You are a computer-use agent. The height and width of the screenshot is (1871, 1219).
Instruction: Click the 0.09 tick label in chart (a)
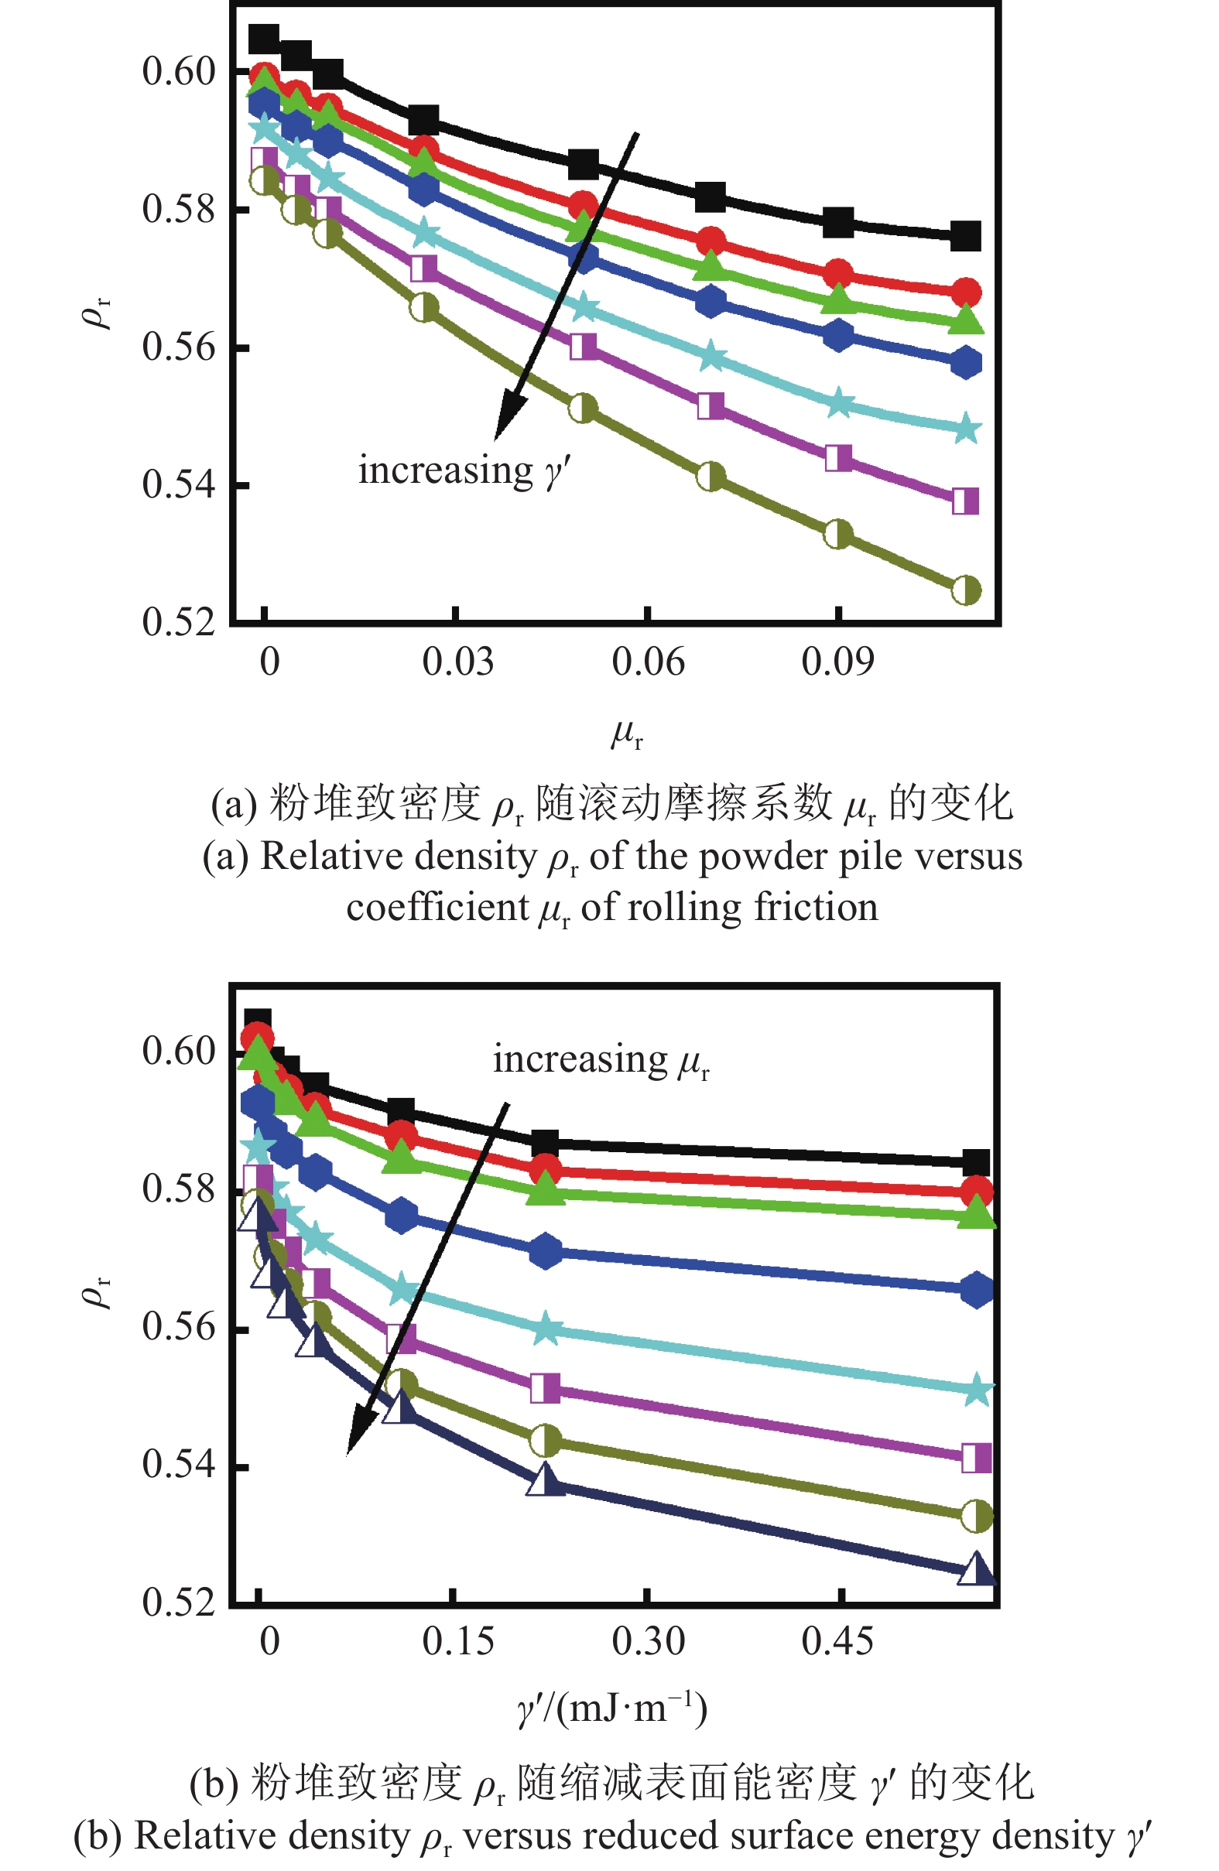click(837, 662)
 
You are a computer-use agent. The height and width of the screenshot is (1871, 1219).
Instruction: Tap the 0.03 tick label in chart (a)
click(457, 662)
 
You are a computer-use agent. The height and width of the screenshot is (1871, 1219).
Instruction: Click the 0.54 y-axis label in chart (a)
click(179, 484)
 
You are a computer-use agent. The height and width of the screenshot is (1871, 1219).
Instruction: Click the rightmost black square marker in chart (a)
click(965, 236)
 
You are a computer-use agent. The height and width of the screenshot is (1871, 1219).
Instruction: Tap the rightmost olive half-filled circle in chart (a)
click(965, 590)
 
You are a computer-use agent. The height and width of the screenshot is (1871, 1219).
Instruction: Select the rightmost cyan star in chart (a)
click(966, 430)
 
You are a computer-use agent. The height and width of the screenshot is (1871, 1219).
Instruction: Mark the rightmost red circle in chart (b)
click(976, 1192)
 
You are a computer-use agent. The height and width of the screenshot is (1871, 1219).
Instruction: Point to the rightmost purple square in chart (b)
click(976, 1458)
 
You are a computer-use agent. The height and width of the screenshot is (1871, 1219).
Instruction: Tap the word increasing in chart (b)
click(580, 1060)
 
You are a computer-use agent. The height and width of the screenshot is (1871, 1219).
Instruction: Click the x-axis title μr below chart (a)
click(627, 734)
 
